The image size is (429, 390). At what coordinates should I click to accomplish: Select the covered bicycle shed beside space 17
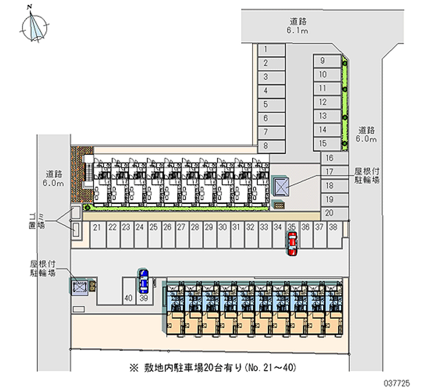pos(282,187)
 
